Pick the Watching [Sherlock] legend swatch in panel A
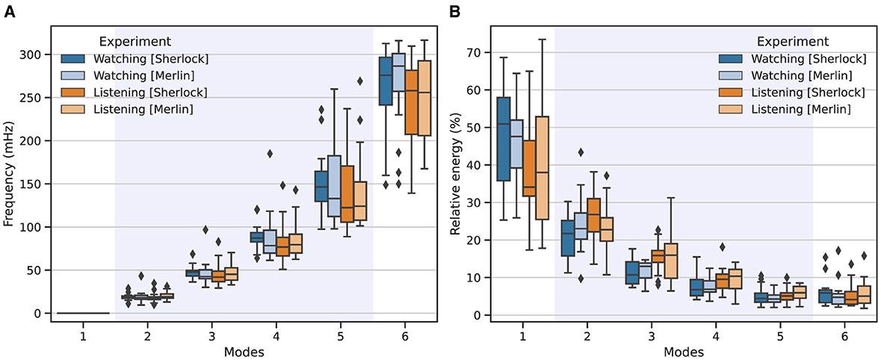coord(73,58)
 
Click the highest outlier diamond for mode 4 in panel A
coord(270,154)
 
